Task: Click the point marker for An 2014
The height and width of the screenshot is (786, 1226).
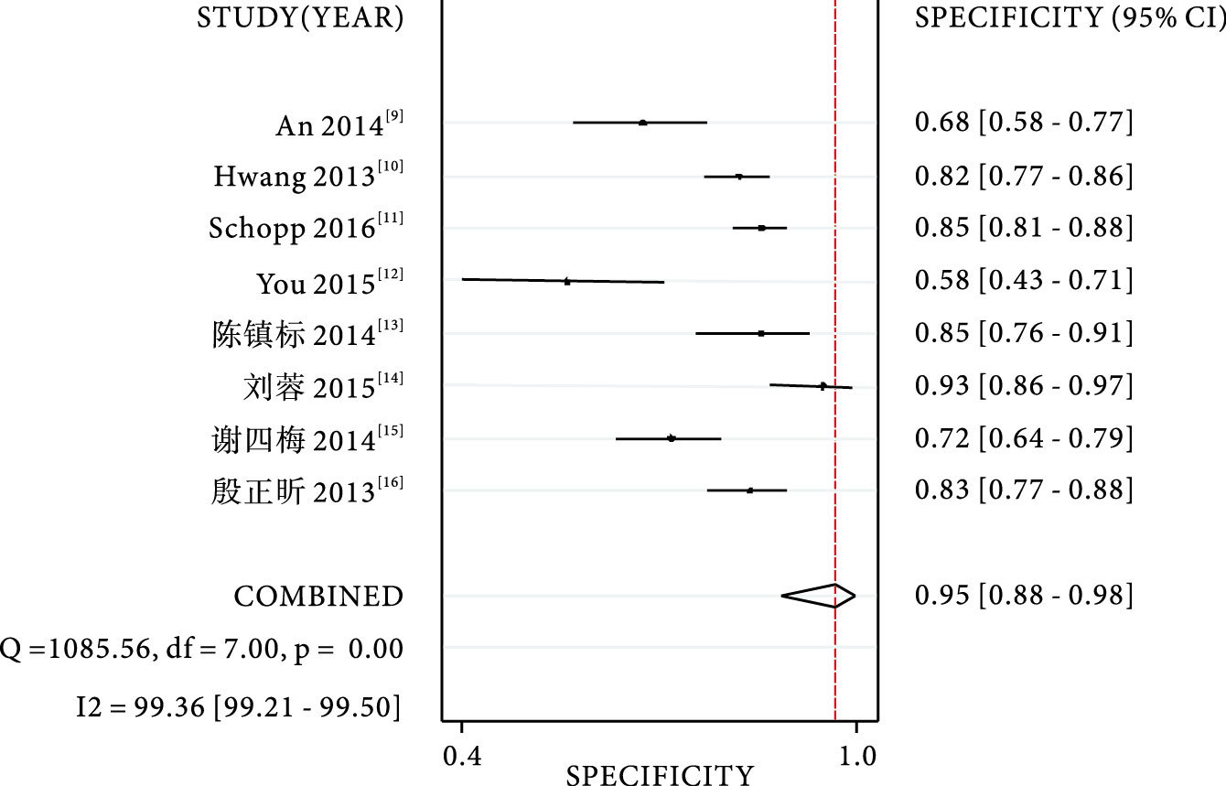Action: (x=643, y=123)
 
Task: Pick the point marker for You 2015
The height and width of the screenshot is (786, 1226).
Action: (x=567, y=281)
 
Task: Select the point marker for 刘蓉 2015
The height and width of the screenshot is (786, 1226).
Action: (x=823, y=386)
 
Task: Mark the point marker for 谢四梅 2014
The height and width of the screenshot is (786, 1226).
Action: (x=672, y=438)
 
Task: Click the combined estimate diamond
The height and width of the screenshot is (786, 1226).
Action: (x=819, y=596)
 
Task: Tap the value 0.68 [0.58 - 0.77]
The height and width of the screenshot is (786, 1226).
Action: (x=1024, y=123)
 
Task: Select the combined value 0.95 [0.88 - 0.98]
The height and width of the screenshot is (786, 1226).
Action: (x=1024, y=596)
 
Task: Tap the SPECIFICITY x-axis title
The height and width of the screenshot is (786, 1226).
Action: (x=660, y=775)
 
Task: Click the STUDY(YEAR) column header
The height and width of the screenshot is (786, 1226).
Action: (x=300, y=19)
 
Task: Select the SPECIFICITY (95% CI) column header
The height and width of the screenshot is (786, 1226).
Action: (x=1070, y=19)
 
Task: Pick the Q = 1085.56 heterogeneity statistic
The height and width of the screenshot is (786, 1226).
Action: (x=200, y=649)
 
